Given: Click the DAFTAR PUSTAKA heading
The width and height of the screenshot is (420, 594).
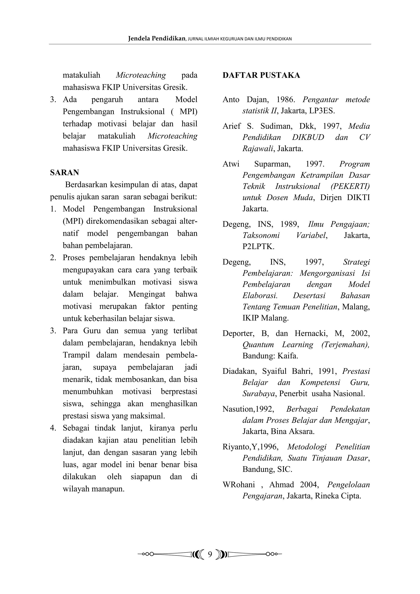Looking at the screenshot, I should point(261,75).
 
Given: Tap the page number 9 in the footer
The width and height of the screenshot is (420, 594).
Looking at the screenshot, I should point(210,554).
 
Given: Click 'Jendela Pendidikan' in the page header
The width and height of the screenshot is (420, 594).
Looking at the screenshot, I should point(156,39).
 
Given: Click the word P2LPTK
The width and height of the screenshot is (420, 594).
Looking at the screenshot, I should point(258,246).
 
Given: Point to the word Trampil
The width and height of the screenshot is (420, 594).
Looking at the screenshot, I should point(76,355).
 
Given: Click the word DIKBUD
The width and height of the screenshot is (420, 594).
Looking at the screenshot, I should point(308,137).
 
